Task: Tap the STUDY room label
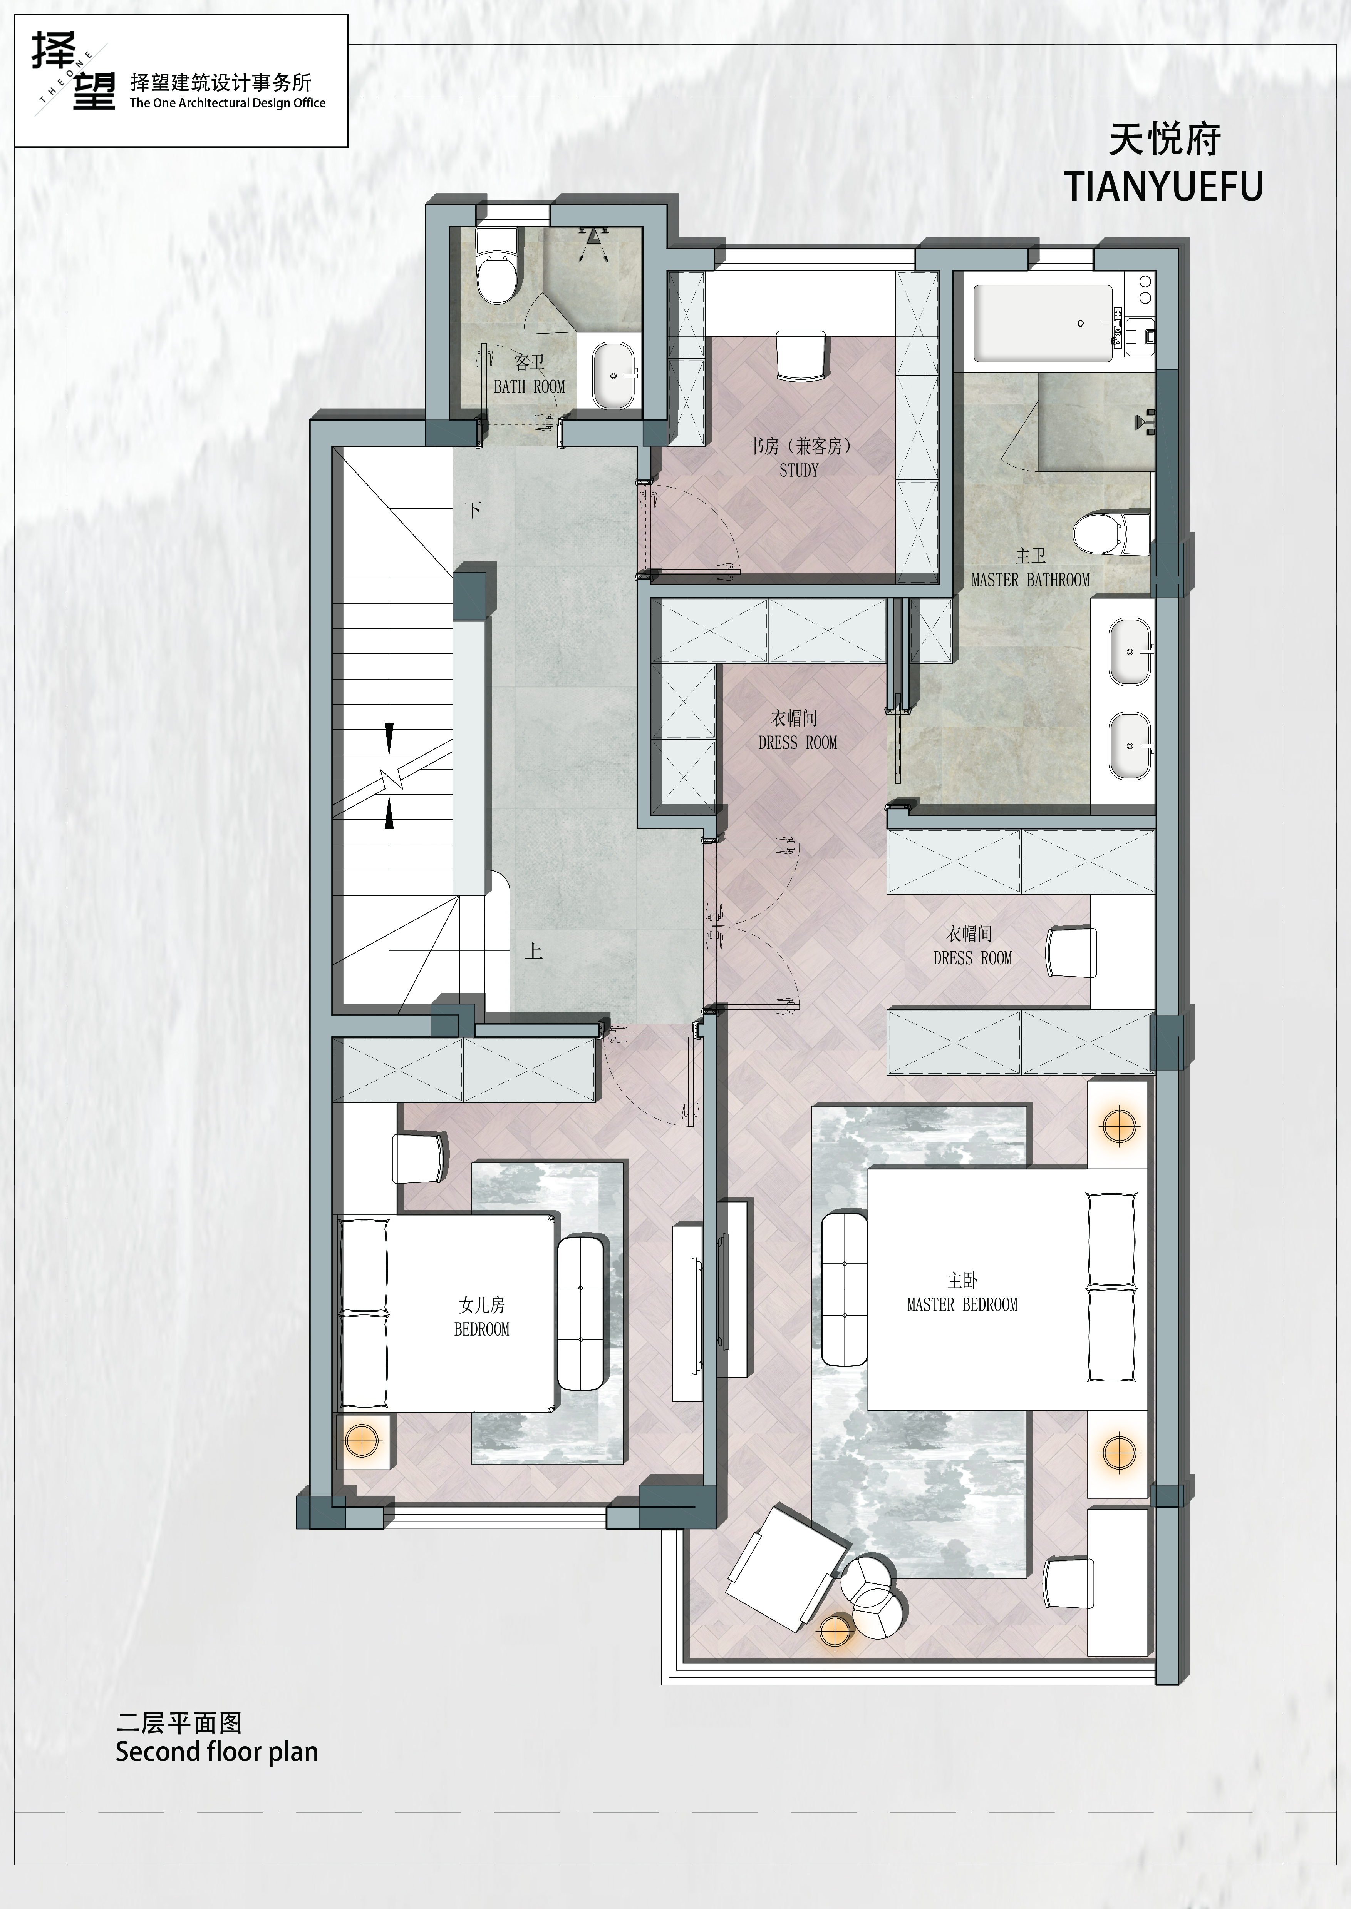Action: (x=799, y=471)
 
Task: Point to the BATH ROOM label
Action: (x=529, y=387)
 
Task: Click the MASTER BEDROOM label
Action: (x=962, y=1304)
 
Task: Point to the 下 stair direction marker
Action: (x=473, y=509)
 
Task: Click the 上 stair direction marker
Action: (x=533, y=950)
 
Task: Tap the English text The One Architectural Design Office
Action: (x=227, y=103)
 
